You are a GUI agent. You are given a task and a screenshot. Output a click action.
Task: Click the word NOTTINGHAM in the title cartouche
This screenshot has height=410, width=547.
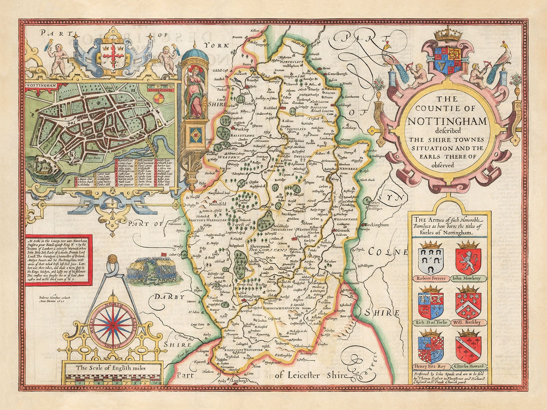coord(447,121)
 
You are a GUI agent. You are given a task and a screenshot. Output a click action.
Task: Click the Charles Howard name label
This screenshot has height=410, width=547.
coord(469,366)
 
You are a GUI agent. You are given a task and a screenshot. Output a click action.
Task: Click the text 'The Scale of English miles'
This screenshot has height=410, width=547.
coord(112,368)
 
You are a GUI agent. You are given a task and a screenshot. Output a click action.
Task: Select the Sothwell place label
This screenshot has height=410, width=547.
coord(304,237)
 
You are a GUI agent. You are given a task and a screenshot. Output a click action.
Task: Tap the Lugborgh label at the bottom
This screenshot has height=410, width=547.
coord(240,380)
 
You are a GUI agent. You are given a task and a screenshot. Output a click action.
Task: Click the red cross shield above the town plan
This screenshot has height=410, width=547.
coord(113,55)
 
